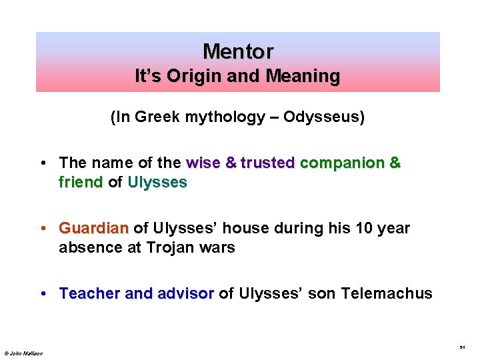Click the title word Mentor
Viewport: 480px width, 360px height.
click(x=237, y=51)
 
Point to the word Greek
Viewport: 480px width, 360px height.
click(x=155, y=117)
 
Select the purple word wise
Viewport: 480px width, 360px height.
click(x=203, y=163)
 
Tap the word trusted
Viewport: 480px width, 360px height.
click(x=268, y=163)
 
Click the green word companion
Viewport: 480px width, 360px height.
click(x=343, y=163)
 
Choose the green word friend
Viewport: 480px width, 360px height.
click(x=81, y=181)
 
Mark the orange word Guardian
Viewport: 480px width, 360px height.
click(x=93, y=228)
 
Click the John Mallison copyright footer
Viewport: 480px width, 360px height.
click(x=23, y=353)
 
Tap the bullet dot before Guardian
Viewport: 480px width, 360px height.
click(x=43, y=229)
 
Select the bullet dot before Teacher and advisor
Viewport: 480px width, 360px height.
click(x=43, y=294)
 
